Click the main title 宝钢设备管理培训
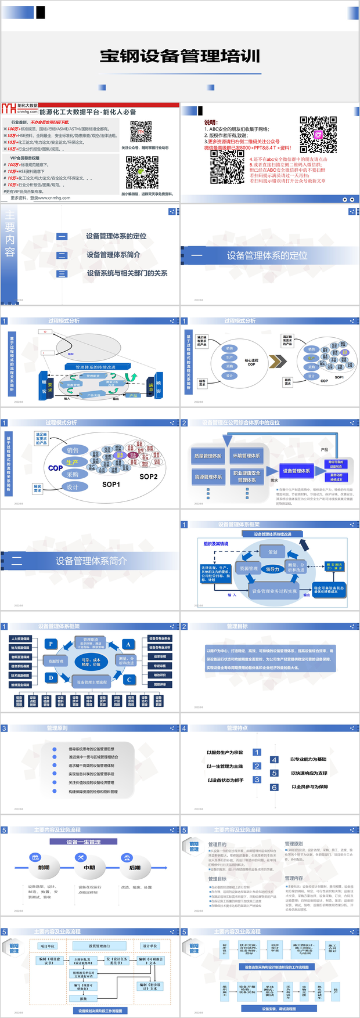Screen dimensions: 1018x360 click(180, 56)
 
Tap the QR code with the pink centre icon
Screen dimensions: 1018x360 click(318, 134)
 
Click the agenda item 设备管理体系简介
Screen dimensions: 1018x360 click(113, 255)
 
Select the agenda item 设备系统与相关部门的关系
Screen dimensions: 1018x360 click(127, 273)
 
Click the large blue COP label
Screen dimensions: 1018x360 click(56, 468)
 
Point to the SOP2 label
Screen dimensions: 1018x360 click(149, 476)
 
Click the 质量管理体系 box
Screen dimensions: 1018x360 click(208, 456)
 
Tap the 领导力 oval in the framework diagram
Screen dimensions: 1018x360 click(272, 569)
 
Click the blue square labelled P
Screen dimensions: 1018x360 click(51, 644)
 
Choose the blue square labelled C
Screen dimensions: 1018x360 click(129, 680)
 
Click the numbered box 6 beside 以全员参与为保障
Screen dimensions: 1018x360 click(274, 788)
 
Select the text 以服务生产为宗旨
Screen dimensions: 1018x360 click(225, 753)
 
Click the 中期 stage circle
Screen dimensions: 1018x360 click(89, 868)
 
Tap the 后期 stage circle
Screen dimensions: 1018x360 click(135, 868)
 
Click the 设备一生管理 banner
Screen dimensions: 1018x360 click(83, 842)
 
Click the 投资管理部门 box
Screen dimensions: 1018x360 click(99, 946)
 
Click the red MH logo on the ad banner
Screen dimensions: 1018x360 click(9, 109)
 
